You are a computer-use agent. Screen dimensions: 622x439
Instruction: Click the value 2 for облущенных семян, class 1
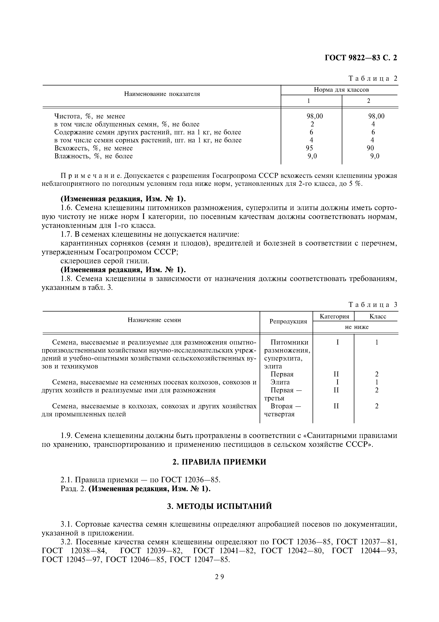pos(312,124)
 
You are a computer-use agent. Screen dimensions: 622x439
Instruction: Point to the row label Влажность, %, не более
pos(93,156)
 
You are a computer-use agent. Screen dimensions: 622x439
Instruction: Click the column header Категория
pos(334,316)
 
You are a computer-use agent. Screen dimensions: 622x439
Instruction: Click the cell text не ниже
pos(356,327)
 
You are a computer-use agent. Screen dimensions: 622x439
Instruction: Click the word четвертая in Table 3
pos(279,414)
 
